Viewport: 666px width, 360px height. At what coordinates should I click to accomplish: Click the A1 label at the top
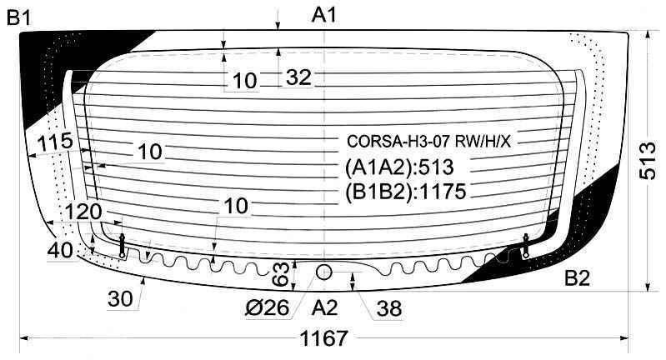point(323,15)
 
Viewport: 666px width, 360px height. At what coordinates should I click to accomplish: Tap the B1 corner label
point(19,17)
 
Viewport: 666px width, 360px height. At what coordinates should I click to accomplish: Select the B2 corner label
point(578,278)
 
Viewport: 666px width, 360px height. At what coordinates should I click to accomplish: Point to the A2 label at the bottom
point(324,307)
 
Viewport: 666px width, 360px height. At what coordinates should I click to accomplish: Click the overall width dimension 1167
point(323,338)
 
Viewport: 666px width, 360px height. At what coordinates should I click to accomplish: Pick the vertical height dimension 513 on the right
point(648,162)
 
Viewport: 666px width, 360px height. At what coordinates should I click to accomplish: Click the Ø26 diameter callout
point(268,307)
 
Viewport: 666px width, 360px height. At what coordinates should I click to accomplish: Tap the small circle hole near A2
point(323,272)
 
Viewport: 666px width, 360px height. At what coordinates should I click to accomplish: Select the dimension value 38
point(389,308)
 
